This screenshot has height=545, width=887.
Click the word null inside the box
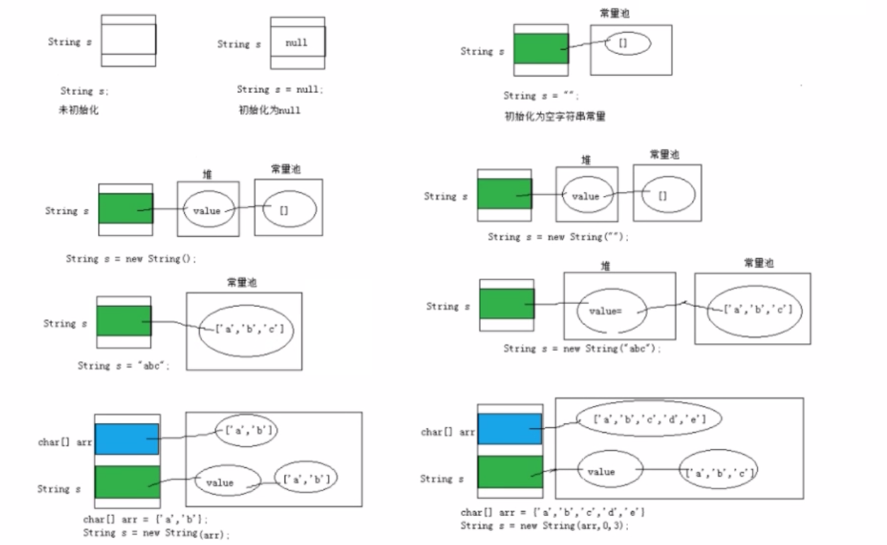(x=297, y=43)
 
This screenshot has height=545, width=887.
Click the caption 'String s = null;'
(x=280, y=90)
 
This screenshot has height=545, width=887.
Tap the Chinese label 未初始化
(x=79, y=110)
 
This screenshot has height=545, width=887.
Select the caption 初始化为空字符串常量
(x=554, y=116)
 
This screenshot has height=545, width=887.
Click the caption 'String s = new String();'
(x=131, y=259)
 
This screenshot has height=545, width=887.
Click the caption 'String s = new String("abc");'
(x=582, y=349)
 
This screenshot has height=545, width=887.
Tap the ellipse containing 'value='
(x=611, y=310)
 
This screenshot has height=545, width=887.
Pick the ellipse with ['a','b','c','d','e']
(x=649, y=419)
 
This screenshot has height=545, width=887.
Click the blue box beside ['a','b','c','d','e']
(x=510, y=429)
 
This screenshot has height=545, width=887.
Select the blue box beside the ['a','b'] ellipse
(x=127, y=439)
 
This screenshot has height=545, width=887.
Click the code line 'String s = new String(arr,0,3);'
(x=544, y=526)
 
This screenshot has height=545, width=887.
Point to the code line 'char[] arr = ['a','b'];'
(x=146, y=519)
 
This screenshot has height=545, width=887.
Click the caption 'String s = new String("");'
(x=558, y=237)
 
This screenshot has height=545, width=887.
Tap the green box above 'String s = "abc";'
(x=124, y=321)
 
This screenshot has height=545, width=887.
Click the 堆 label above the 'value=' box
(x=605, y=266)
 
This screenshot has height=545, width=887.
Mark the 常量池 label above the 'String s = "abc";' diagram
(x=242, y=283)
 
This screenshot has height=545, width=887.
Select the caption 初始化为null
(x=270, y=110)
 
